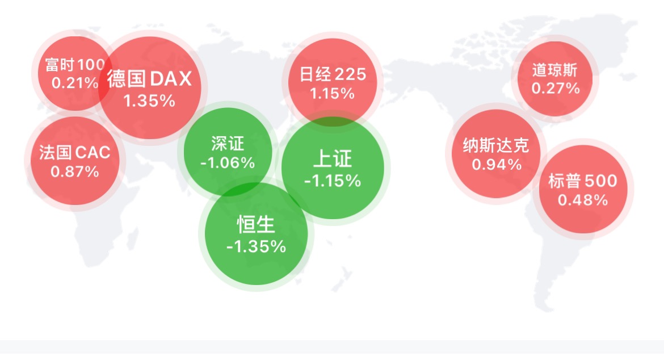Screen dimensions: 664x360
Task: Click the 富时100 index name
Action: pyautogui.click(x=75, y=64)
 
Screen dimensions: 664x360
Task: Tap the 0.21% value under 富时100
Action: pyautogui.click(x=75, y=83)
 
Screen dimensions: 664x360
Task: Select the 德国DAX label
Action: pyautogui.click(x=149, y=78)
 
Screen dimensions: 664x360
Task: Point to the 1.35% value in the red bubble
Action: pyautogui.click(x=149, y=101)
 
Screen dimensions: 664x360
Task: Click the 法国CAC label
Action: pyautogui.click(x=75, y=152)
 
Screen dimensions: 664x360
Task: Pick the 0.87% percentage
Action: pyautogui.click(x=75, y=171)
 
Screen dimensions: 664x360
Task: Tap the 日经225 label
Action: pyautogui.click(x=333, y=74)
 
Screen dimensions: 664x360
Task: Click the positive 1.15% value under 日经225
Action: pyautogui.click(x=333, y=94)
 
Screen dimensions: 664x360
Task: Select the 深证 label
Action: pyautogui.click(x=228, y=144)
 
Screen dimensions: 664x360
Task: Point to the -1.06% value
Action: pyautogui.click(x=228, y=162)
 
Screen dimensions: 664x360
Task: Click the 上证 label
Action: pyautogui.click(x=333, y=158)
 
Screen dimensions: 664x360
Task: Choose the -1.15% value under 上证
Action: pyautogui.click(x=333, y=181)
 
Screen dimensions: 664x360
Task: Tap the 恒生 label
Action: pyautogui.click(x=256, y=224)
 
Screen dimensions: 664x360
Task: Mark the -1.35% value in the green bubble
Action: pyautogui.click(x=257, y=246)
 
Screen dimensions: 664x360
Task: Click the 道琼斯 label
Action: pyautogui.click(x=555, y=70)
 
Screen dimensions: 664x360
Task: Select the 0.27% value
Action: pyautogui.click(x=556, y=89)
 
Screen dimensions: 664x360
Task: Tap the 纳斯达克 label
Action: pyautogui.click(x=497, y=145)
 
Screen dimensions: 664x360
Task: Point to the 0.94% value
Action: pyautogui.click(x=497, y=164)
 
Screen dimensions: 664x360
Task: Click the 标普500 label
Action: pyautogui.click(x=583, y=181)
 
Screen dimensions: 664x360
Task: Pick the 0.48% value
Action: pyautogui.click(x=583, y=200)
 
